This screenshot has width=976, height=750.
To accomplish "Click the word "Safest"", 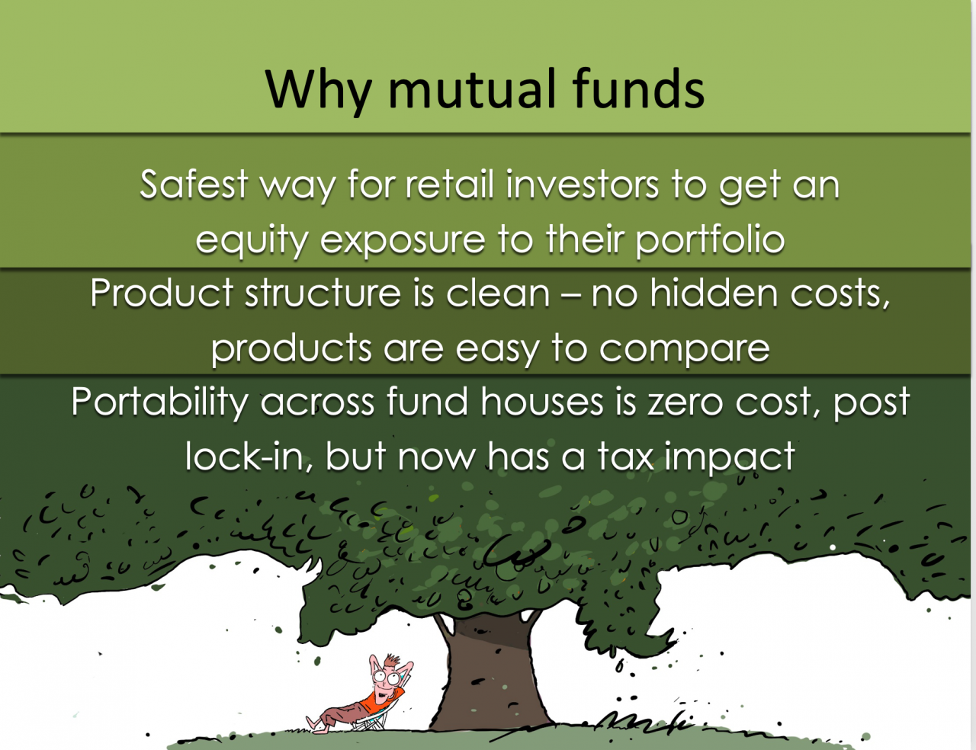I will pyautogui.click(x=194, y=185).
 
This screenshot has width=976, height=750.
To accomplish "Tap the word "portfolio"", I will pyautogui.click(x=710, y=241).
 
